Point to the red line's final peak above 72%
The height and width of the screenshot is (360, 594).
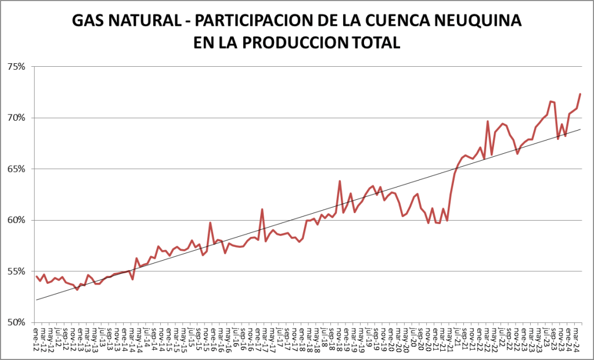tap(580, 94)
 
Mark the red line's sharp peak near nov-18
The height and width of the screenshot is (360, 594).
tap(340, 181)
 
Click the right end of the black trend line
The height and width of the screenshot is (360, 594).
tap(580, 129)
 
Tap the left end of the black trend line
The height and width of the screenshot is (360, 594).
tap(36, 300)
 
